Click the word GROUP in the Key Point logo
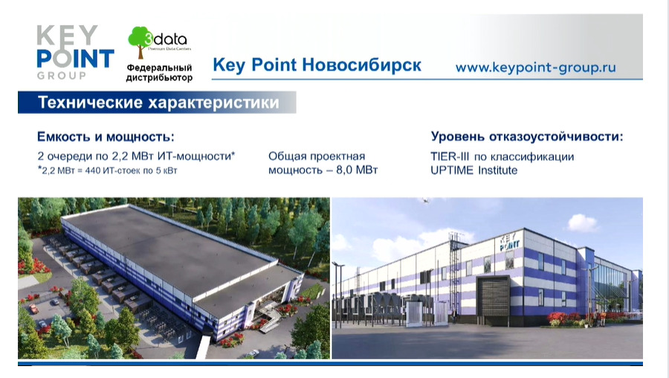62,76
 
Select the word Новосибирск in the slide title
361,65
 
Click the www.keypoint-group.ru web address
535,68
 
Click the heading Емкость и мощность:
106,137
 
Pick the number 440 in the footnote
93,170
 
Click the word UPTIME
452,170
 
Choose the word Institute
497,170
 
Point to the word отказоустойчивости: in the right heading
556,137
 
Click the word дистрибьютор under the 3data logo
159,77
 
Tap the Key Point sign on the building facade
509,241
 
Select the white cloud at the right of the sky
582,222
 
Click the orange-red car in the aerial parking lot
33,308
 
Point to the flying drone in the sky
424,200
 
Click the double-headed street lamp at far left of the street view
338,295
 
